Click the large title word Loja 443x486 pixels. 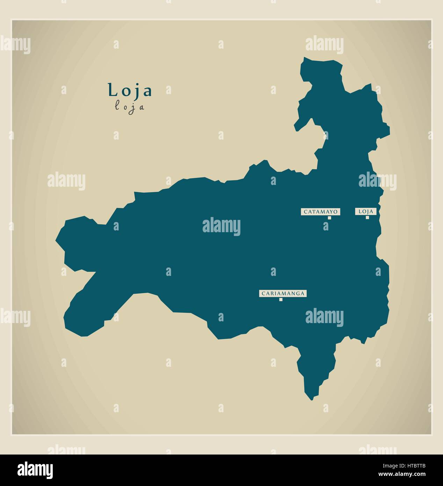(130, 91)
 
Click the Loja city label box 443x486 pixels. (366, 212)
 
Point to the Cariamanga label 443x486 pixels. (283, 293)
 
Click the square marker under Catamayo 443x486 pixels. (329, 218)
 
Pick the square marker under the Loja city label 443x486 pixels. (367, 217)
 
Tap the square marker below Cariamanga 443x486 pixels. (281, 300)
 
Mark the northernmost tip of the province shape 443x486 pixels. (305, 58)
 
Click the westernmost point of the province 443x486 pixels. (56, 241)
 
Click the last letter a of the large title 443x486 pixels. (148, 92)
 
